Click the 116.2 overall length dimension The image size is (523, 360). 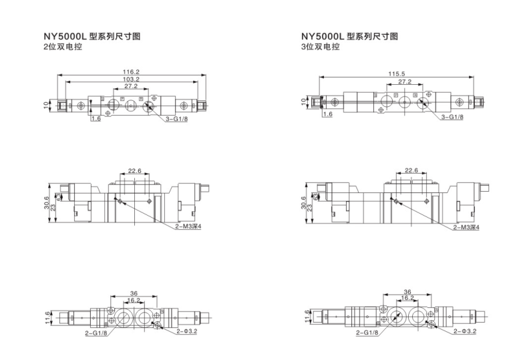tap(131, 72)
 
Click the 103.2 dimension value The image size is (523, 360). tap(131, 79)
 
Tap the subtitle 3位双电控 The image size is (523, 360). tap(321, 47)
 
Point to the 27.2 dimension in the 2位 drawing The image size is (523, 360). tap(131, 86)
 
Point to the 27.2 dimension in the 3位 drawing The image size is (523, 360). tap(405, 82)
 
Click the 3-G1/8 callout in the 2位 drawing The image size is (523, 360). tap(178, 118)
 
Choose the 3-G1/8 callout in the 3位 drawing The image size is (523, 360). tap(452, 118)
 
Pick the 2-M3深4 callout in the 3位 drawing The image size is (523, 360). tap(467, 228)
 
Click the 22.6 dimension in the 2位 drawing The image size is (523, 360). tap(135, 171)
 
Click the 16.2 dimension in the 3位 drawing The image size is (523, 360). tap(407, 299)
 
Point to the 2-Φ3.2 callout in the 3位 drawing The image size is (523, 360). tap(465, 331)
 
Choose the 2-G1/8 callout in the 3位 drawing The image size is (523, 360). tap(367, 332)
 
